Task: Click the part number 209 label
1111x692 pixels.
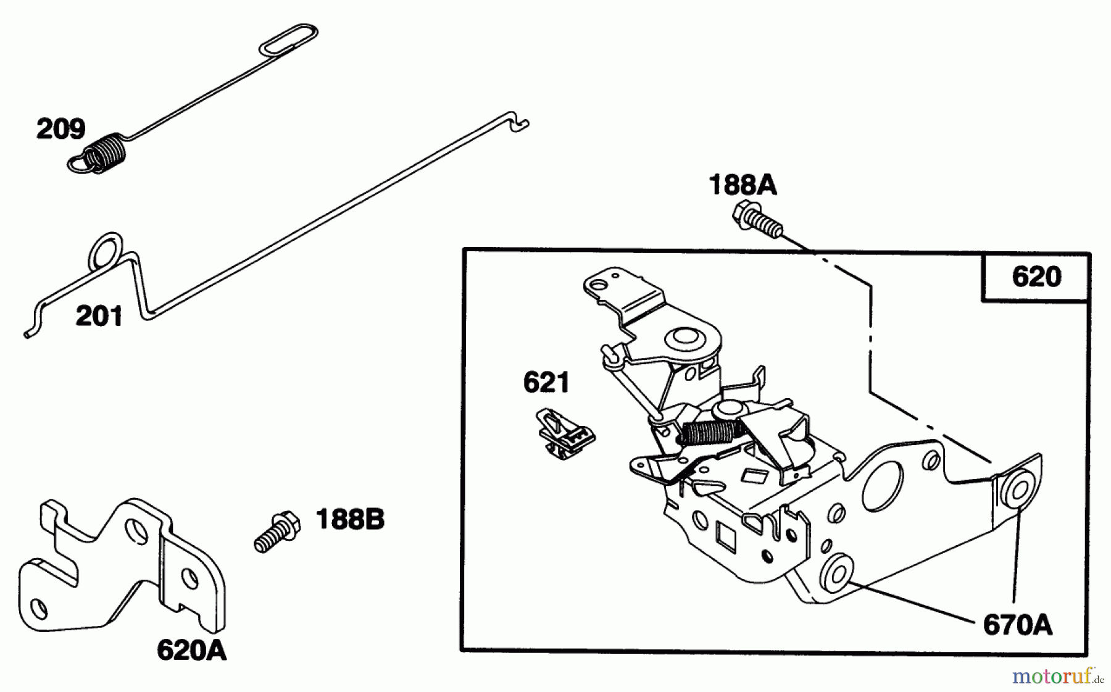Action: pos(60,130)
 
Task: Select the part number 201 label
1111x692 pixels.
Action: pos(99,317)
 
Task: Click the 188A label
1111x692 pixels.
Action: pos(742,185)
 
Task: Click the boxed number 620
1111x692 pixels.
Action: pos(1036,277)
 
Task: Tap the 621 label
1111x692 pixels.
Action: pos(546,383)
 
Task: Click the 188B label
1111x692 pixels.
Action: pos(350,520)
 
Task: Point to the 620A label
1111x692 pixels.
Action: pos(191,650)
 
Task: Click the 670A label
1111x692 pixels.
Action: pos(1017,625)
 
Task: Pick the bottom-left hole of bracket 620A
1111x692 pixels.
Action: pos(38,609)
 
